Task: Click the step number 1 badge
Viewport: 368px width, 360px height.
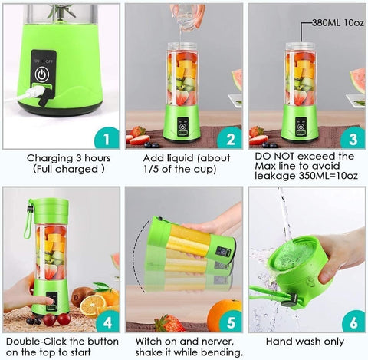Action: click(x=107, y=138)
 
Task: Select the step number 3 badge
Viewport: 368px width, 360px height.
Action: click(x=352, y=138)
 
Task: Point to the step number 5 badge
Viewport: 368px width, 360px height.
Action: click(x=229, y=320)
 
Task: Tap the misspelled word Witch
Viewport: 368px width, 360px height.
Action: click(x=150, y=339)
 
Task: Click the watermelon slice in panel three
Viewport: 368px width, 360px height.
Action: click(x=356, y=79)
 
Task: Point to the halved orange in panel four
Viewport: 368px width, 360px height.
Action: click(x=93, y=305)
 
